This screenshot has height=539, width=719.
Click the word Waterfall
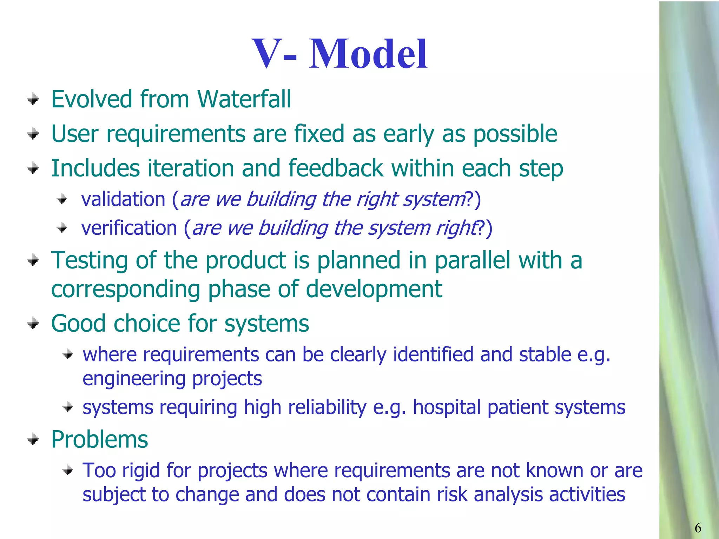pyautogui.click(x=244, y=99)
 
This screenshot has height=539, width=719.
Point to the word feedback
pyautogui.click(x=336, y=168)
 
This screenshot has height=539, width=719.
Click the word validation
pyautogui.click(x=123, y=199)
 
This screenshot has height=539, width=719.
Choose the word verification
pyautogui.click(x=129, y=228)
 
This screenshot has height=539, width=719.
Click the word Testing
pyautogui.click(x=90, y=261)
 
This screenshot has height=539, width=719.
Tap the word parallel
pyautogui.click(x=473, y=260)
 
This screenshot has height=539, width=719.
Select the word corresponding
pyautogui.click(x=126, y=290)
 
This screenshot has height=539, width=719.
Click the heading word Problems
pyautogui.click(x=100, y=439)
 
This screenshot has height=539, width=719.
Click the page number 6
pyautogui.click(x=698, y=528)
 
